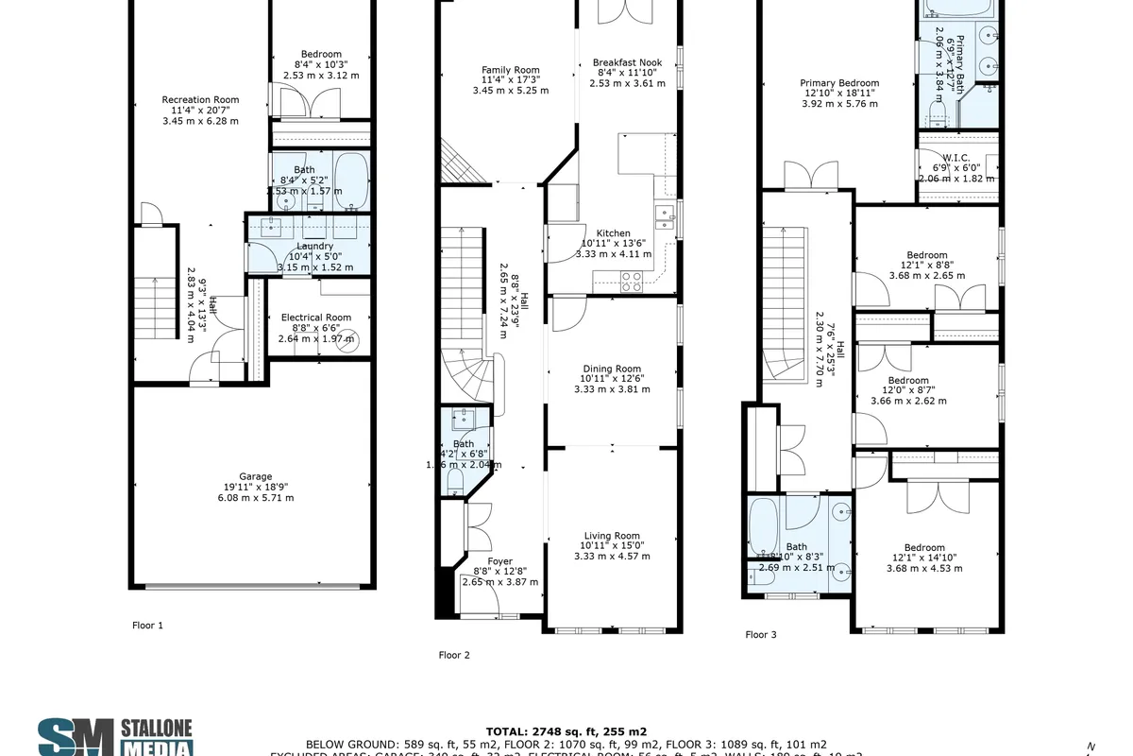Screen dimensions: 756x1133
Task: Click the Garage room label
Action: pyautogui.click(x=255, y=476)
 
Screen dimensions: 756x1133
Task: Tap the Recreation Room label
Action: pyautogui.click(x=200, y=99)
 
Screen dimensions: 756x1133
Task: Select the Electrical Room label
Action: pyautogui.click(x=315, y=318)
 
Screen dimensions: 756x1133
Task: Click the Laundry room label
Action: pyautogui.click(x=314, y=246)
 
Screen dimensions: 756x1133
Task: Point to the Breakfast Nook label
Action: pyautogui.click(x=628, y=62)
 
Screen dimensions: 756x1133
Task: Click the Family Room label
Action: pyautogui.click(x=510, y=70)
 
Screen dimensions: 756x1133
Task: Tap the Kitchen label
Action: pyautogui.click(x=613, y=233)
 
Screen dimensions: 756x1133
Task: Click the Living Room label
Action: pyautogui.click(x=613, y=536)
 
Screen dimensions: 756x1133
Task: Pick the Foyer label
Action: pyautogui.click(x=499, y=561)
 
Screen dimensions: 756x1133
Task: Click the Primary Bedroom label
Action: pyautogui.click(x=839, y=83)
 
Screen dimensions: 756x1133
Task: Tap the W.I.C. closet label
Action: pyautogui.click(x=956, y=158)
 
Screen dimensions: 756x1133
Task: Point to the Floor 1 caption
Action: pyautogui.click(x=147, y=626)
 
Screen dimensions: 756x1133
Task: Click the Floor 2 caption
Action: pyautogui.click(x=454, y=655)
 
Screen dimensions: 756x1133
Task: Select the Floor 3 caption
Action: pyautogui.click(x=760, y=635)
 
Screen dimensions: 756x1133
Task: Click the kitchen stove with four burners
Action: pyautogui.click(x=632, y=281)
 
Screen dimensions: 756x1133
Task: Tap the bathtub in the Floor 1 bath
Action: pyautogui.click(x=350, y=180)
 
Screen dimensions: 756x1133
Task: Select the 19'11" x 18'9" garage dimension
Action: pyautogui.click(x=255, y=487)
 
